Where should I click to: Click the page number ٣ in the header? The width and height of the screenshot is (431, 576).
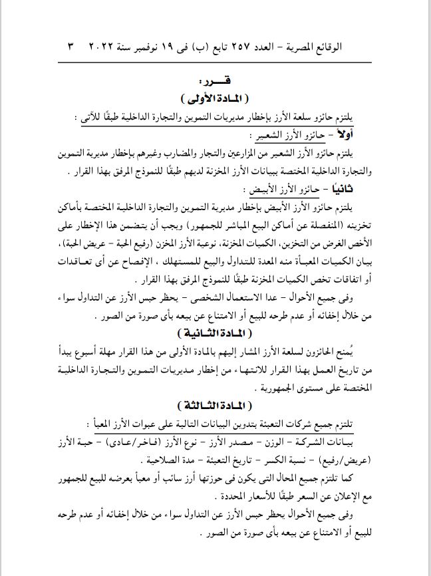[x=72, y=48]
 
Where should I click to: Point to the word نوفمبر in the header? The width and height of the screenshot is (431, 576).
[x=150, y=48]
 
